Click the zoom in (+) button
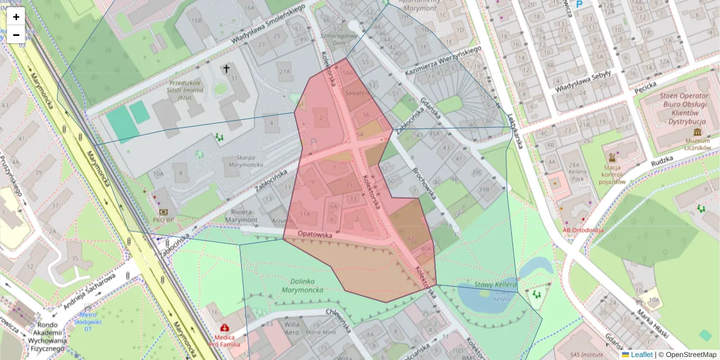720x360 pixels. [16, 17]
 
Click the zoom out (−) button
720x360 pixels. [16, 35]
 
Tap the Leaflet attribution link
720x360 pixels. [641, 355]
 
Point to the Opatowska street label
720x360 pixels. [314, 235]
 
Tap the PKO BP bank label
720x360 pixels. [164, 220]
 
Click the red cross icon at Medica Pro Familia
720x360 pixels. [224, 328]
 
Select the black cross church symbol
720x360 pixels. [227, 69]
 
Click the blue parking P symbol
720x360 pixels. [579, 5]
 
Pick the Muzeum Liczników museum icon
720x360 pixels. [697, 132]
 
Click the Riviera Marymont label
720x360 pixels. [242, 216]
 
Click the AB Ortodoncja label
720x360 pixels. [583, 229]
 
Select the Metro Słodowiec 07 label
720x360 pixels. [88, 322]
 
